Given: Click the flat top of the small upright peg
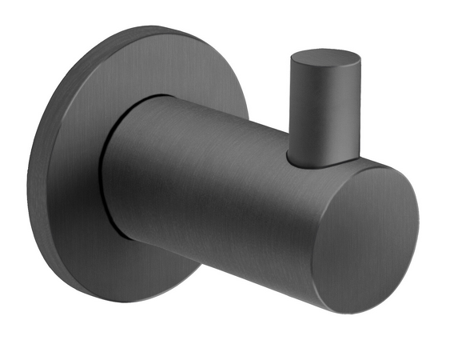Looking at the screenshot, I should (x=325, y=61).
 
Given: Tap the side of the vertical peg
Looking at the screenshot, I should (x=319, y=116).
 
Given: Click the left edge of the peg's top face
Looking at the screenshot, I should (x=292, y=60).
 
